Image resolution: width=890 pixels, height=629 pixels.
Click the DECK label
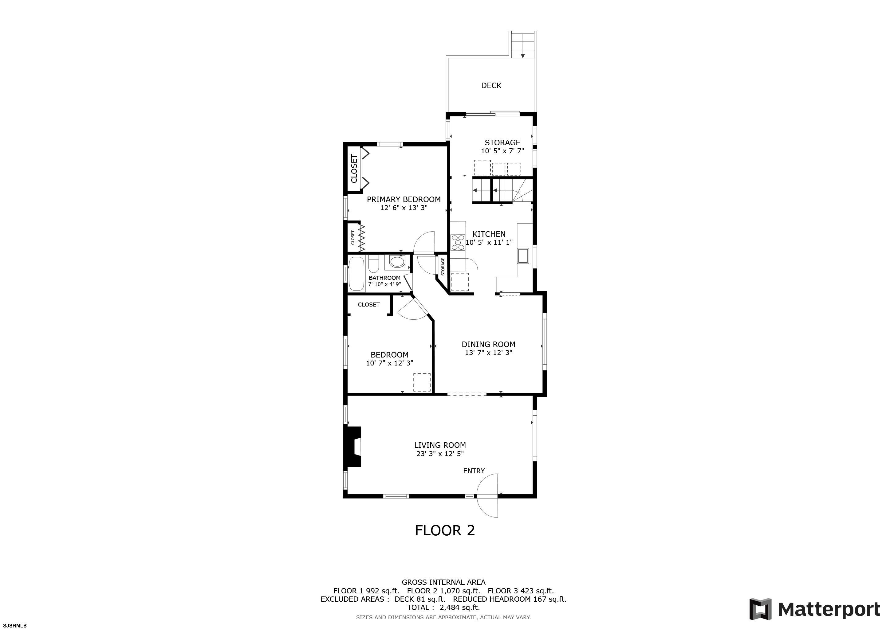click(x=491, y=86)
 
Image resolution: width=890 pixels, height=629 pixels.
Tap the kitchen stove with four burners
click(x=458, y=242)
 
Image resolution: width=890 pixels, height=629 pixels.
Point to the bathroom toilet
click(x=374, y=264)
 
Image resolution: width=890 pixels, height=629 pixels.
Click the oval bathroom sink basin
click(x=396, y=262)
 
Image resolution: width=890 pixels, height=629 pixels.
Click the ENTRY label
click(x=474, y=471)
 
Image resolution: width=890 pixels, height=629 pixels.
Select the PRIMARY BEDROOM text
click(x=404, y=199)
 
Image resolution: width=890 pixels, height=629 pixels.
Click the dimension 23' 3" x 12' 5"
click(x=440, y=454)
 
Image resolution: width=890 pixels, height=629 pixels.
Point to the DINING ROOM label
click(x=488, y=344)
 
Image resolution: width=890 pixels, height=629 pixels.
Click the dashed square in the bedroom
click(x=422, y=382)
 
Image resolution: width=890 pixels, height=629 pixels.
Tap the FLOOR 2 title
click(x=445, y=531)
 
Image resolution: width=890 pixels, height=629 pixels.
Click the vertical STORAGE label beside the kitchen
click(x=443, y=267)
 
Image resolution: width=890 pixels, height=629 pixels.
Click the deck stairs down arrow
click(x=522, y=56)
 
